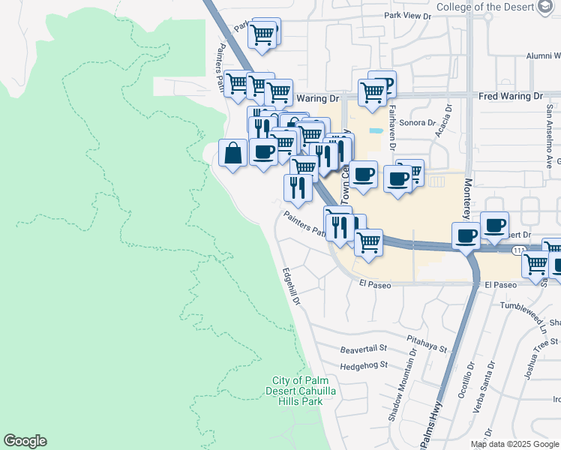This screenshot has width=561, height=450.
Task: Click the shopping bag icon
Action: (x=233, y=153)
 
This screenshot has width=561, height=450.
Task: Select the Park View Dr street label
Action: (x=408, y=16)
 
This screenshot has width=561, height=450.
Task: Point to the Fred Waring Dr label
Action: (x=510, y=97)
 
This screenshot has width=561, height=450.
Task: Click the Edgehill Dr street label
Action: (x=291, y=286)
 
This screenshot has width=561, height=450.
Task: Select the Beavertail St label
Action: (x=363, y=349)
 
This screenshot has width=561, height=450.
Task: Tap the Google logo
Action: (x=25, y=441)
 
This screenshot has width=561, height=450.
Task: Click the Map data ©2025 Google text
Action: (x=514, y=444)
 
